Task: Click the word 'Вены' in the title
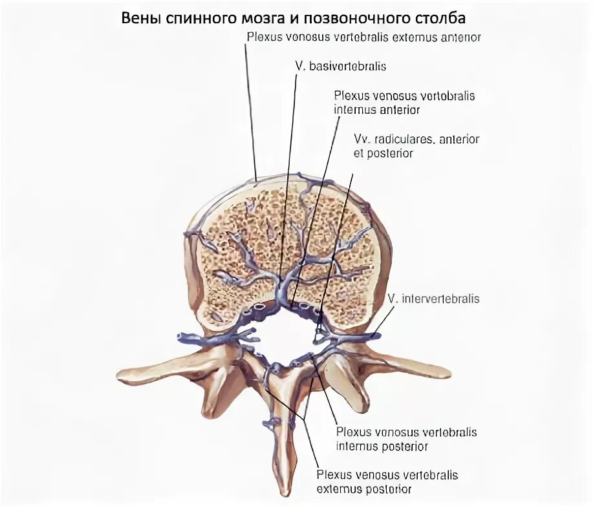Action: [x=138, y=17]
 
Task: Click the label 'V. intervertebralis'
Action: [x=434, y=299]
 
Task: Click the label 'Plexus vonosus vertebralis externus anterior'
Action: [x=363, y=37]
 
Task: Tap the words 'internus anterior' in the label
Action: [x=377, y=110]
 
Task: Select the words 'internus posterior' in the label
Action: [x=382, y=446]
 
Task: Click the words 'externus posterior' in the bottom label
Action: [x=364, y=489]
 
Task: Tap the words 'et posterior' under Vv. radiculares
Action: [x=384, y=154]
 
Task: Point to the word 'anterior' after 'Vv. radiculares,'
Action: [x=459, y=140]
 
